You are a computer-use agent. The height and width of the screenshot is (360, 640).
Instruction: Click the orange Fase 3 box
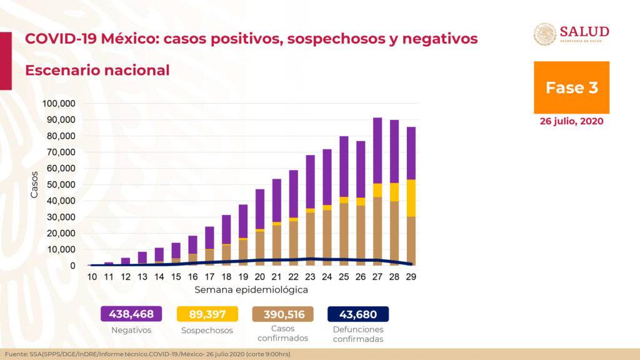coord(571,87)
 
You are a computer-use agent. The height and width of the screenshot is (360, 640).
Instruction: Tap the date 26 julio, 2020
coord(571,121)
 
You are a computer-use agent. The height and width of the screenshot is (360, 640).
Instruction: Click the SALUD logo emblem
coord(544,34)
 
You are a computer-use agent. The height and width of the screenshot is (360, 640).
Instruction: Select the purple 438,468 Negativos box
coord(131,314)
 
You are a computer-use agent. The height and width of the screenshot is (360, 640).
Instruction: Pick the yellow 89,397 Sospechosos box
coord(206,314)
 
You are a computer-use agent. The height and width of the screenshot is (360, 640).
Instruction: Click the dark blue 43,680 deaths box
coord(357,314)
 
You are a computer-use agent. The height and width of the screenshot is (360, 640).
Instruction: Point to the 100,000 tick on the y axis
coord(59,103)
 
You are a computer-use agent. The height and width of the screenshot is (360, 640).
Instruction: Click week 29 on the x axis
coord(411,276)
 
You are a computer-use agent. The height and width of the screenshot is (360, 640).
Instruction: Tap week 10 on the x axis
coord(92,276)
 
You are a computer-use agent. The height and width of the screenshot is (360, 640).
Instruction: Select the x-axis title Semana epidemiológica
coord(251,290)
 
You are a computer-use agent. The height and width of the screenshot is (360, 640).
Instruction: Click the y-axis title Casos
coord(34,184)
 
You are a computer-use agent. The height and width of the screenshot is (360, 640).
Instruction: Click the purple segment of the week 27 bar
coord(377,150)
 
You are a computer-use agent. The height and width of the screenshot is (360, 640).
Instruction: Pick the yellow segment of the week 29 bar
coord(411,197)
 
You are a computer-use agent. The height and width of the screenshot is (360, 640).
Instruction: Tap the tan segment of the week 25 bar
coord(344,234)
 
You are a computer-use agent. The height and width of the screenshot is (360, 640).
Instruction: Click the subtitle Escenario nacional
coord(97,70)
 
